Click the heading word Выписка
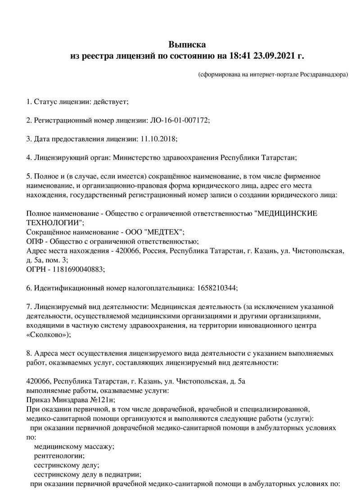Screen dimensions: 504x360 click(x=187, y=44)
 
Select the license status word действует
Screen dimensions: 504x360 click(x=110, y=102)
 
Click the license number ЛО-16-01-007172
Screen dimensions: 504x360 click(x=179, y=121)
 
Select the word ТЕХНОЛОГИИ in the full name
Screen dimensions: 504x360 click(x=54, y=222)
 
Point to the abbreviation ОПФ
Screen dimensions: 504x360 click(x=35, y=241)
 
